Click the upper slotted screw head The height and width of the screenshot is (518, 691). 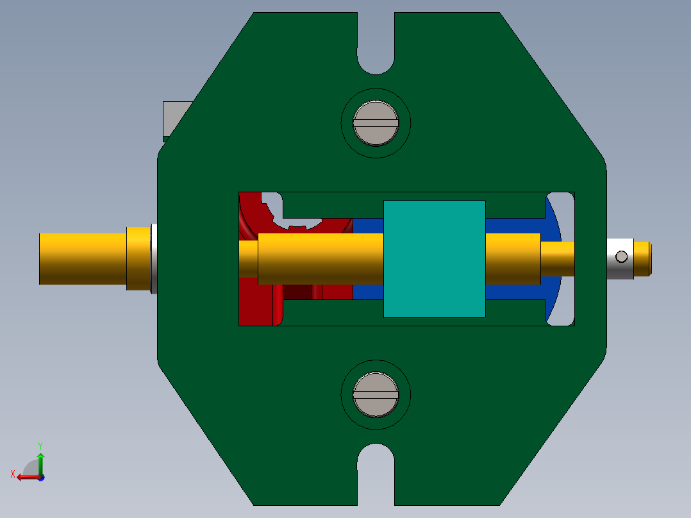376,123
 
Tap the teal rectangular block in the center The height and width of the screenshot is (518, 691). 434,258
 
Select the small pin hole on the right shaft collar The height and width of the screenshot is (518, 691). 621,256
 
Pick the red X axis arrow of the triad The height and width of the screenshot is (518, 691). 24,477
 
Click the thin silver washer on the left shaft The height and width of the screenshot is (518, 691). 154,258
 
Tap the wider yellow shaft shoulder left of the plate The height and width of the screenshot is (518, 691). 137,258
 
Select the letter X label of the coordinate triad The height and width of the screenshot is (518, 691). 13,474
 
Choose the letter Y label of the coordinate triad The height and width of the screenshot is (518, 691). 40,445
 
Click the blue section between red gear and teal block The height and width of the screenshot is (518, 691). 367,292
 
